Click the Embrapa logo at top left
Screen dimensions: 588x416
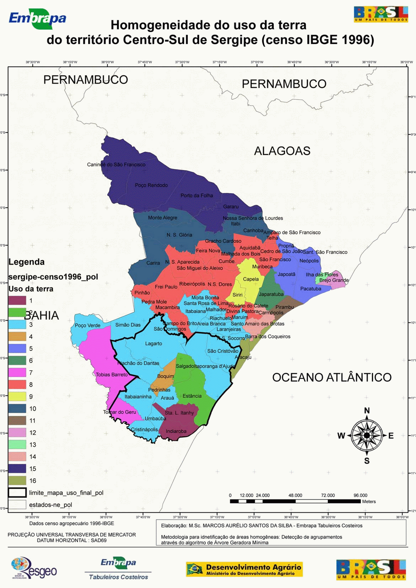pos(37,19)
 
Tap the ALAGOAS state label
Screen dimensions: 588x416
pos(282,151)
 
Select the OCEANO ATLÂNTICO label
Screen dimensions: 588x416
pos(331,377)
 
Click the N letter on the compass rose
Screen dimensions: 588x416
pos(367,410)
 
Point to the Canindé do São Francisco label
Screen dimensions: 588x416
pos(116,165)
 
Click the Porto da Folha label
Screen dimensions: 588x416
pos(197,196)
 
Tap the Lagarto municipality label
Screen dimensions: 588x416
pos(154,344)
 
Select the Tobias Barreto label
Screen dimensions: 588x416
pos(112,375)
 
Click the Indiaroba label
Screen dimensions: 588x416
pos(176,431)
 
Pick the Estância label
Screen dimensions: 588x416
pos(192,396)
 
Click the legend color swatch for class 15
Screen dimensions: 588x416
pos(17,469)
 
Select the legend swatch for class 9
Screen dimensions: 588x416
pos(17,397)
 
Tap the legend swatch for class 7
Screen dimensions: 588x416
pos(17,373)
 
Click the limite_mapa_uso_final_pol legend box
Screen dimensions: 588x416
pos(17,492)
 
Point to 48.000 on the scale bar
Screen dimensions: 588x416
pos(295,495)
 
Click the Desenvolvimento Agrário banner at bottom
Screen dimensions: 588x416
pos(244,569)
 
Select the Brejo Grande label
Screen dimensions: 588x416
pos(334,280)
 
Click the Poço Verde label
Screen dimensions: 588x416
pos(87,326)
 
